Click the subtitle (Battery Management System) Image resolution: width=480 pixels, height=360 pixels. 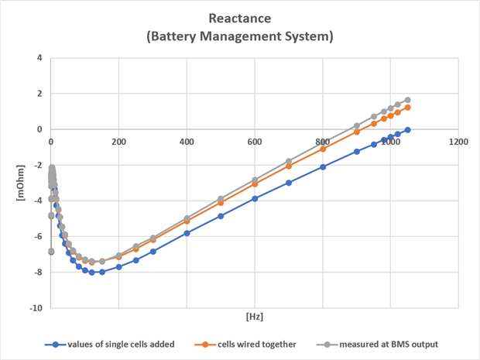[x=240, y=36]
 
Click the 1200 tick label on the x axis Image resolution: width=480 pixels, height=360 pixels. [x=458, y=142]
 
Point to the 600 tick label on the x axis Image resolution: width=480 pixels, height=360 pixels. [x=254, y=142]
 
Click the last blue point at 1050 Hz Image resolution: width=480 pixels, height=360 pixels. [x=407, y=130]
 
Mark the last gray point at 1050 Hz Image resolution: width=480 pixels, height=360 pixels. [x=407, y=100]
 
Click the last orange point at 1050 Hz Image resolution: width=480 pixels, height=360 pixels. [x=407, y=107]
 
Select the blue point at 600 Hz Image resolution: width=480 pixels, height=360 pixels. [x=255, y=199]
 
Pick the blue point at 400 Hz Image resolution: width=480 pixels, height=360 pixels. [x=187, y=233]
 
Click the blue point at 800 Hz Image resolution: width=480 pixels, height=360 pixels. [x=323, y=166]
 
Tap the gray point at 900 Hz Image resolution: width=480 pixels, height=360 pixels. [x=357, y=125]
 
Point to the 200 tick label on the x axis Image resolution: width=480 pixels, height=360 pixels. [x=118, y=142]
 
